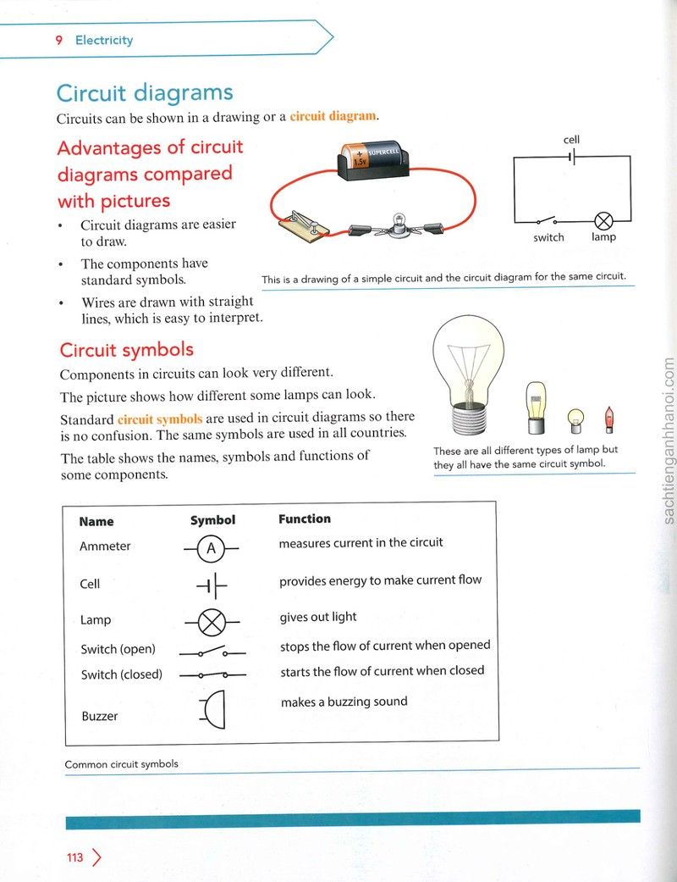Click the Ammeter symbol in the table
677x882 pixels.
pyautogui.click(x=212, y=548)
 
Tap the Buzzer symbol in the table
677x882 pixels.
pyautogui.click(x=213, y=709)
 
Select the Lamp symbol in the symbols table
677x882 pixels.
pyautogui.click(x=212, y=622)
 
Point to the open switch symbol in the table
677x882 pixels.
pyautogui.click(x=212, y=652)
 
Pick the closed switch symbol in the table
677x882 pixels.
pyautogui.click(x=212, y=674)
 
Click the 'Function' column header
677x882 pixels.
pyautogui.click(x=305, y=519)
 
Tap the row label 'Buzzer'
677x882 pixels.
pyautogui.click(x=100, y=716)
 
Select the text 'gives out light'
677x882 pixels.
pyautogui.click(x=318, y=617)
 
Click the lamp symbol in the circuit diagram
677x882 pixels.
pyautogui.click(x=603, y=221)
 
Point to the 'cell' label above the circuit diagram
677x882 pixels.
pyautogui.click(x=571, y=140)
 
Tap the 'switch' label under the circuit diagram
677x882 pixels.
pyautogui.click(x=548, y=237)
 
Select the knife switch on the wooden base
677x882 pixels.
pyautogui.click(x=302, y=225)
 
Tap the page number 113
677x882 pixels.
pyautogui.click(x=74, y=857)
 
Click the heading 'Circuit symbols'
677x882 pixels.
pyautogui.click(x=126, y=350)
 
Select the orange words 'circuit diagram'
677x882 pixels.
pyautogui.click(x=333, y=116)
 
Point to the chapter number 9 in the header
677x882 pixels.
pyautogui.click(x=59, y=40)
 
